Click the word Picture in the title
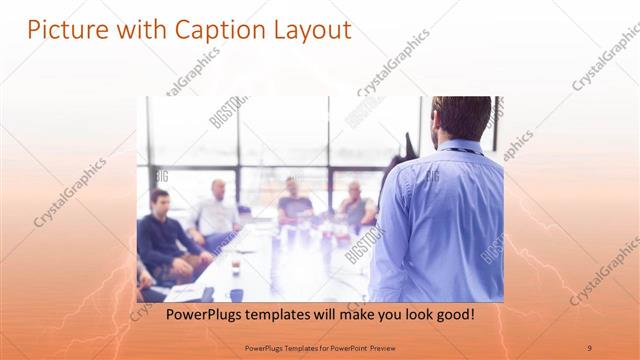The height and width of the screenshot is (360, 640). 61,30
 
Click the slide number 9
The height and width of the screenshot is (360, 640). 590,347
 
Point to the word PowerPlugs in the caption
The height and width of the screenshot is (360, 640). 199,314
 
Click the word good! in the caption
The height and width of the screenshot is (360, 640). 451,314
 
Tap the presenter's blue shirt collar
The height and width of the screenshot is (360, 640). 459,146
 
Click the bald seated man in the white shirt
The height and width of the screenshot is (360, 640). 216,210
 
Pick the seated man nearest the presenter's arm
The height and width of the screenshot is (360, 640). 355,206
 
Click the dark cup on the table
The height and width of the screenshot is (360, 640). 236,269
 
